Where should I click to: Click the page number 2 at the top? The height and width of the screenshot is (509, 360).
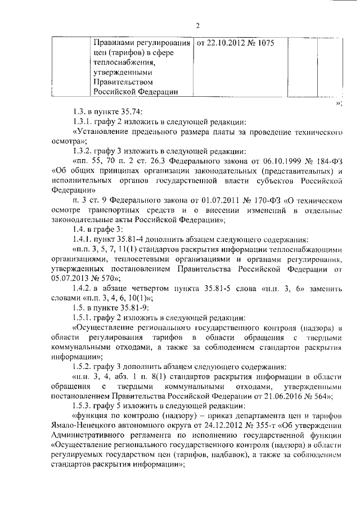point(197,25)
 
